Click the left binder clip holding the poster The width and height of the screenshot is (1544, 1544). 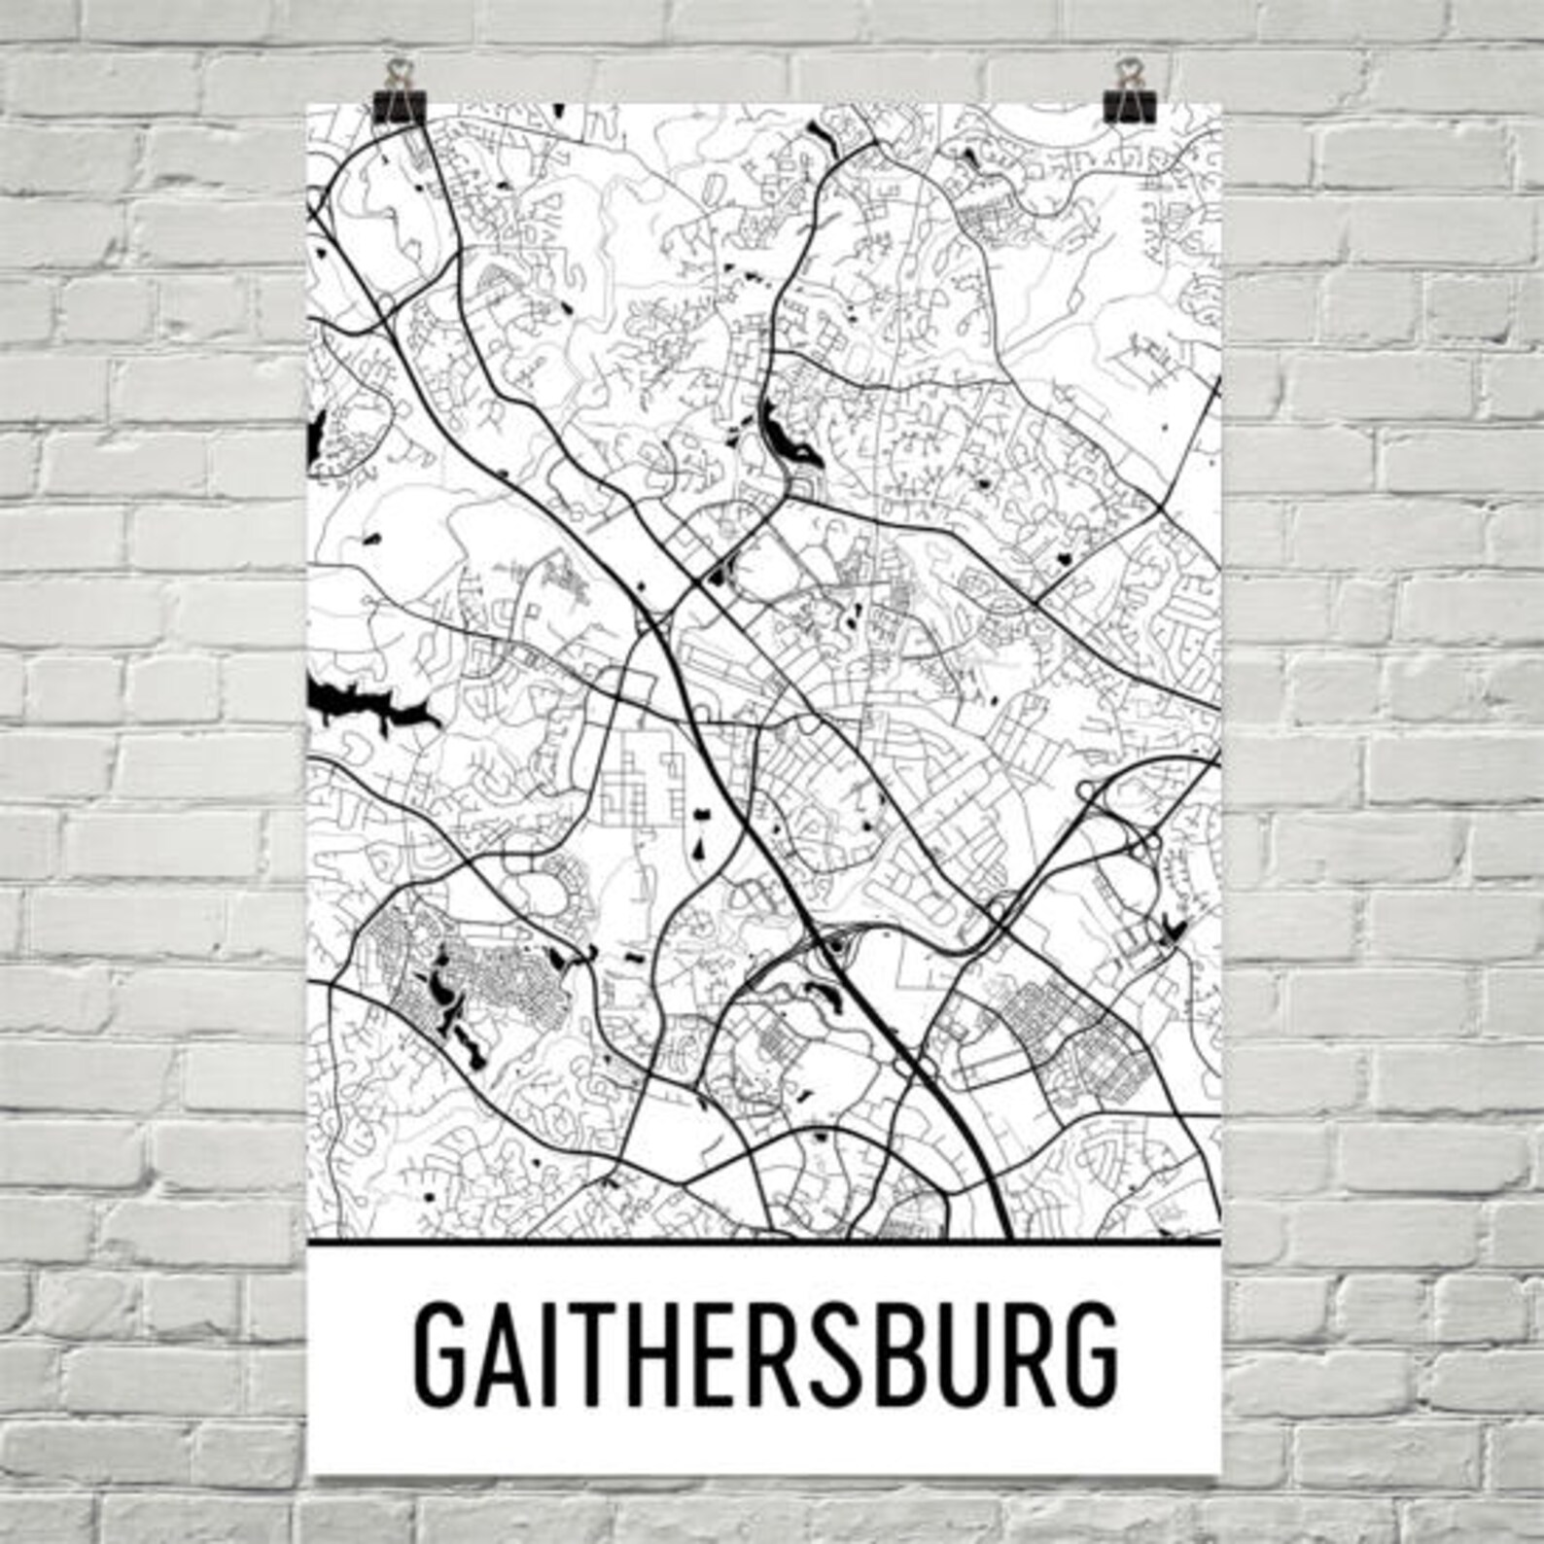pos(398,93)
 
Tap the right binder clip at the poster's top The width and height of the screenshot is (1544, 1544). pos(1128,93)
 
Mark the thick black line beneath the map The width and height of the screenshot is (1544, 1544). pos(763,1243)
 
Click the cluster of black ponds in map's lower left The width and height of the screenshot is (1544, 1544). pos(449,1001)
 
